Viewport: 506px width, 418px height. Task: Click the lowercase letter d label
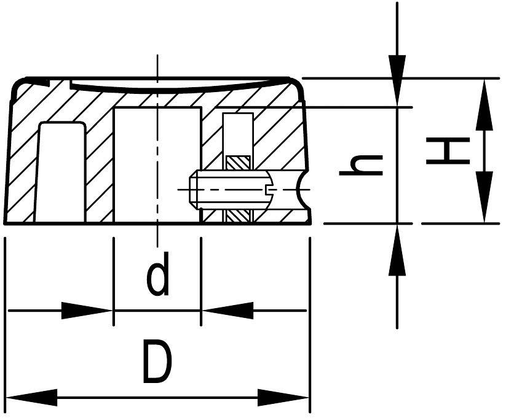click(157, 277)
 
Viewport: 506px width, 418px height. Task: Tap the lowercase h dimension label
click(362, 164)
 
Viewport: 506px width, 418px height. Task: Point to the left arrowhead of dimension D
click(31, 397)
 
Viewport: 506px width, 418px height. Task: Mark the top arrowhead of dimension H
click(484, 104)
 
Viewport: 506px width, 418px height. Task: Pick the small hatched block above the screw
click(237, 163)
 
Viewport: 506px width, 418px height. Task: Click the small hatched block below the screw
click(237, 216)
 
